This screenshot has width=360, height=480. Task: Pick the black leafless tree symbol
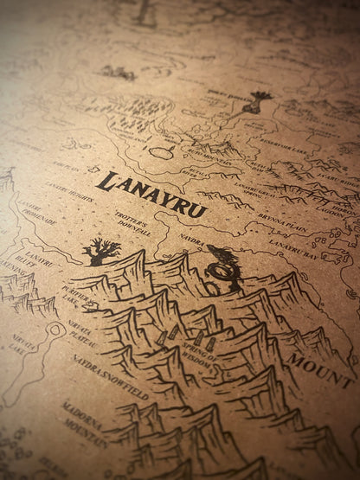point(100,253)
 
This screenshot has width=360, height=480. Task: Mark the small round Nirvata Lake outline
point(55,328)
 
